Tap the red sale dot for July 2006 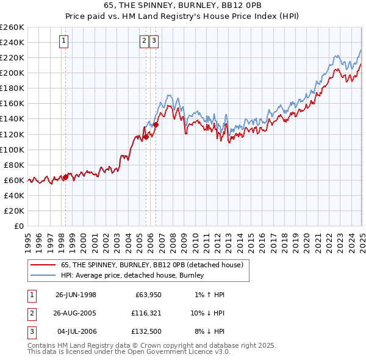click(x=156, y=124)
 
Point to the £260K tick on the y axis click(x=12, y=27)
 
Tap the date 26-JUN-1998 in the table click(x=76, y=295)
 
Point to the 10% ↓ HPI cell click(x=207, y=314)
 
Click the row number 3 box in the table click(x=31, y=333)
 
